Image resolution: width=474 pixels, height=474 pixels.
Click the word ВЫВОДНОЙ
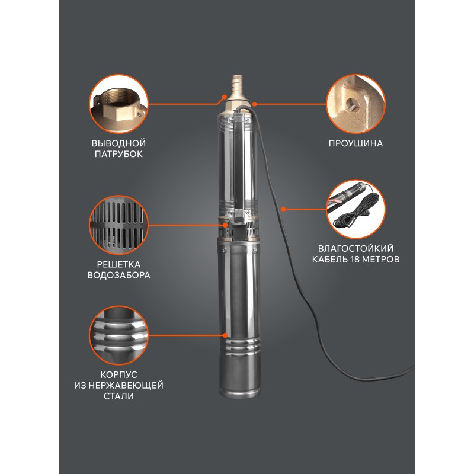click(x=118, y=143)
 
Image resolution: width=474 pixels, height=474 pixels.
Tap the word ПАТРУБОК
click(x=118, y=154)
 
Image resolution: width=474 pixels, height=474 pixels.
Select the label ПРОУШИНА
click(x=355, y=143)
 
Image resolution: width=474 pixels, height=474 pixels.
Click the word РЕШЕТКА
click(x=118, y=264)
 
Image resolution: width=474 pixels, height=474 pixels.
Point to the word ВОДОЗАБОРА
click(x=118, y=275)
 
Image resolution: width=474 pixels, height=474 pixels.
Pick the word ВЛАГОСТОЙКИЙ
click(x=355, y=248)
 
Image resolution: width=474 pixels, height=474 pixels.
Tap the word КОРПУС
click(x=118, y=375)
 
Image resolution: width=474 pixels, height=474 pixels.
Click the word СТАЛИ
click(x=118, y=396)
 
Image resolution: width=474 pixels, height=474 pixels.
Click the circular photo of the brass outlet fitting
click(x=118, y=104)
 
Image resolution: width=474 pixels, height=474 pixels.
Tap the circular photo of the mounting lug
click(x=356, y=104)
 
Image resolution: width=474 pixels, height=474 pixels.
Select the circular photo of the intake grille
click(x=118, y=225)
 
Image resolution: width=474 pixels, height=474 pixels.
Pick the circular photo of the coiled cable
click(x=356, y=209)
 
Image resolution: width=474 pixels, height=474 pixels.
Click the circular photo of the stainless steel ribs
click(x=118, y=335)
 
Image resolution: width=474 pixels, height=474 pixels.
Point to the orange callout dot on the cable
click(x=283, y=209)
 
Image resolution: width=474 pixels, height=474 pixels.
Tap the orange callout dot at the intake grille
click(x=225, y=225)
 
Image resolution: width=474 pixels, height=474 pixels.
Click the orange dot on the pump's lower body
click(x=225, y=335)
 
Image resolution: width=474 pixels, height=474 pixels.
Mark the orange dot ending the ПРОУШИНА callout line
click(x=255, y=104)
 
